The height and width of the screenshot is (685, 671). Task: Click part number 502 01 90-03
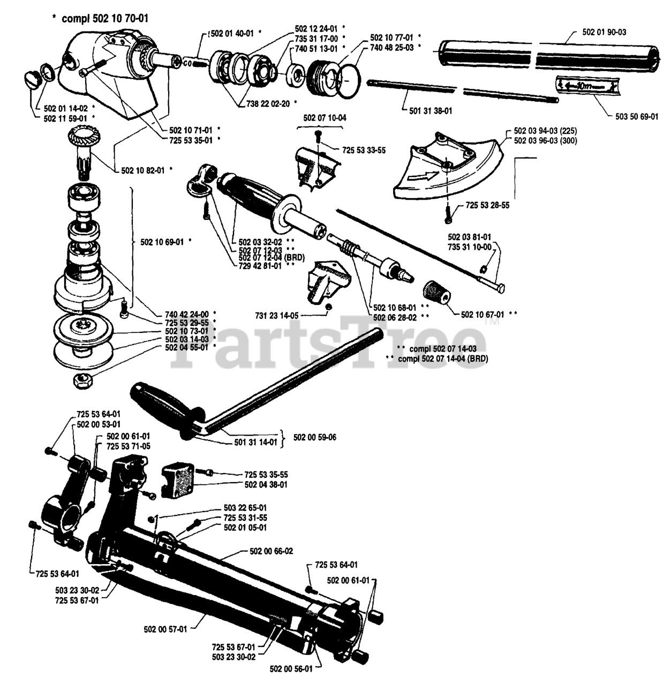coord(604,32)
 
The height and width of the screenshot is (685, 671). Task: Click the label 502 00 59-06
coord(315,437)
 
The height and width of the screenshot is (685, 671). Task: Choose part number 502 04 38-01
coord(266,485)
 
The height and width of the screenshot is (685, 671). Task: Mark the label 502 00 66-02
coord(271,551)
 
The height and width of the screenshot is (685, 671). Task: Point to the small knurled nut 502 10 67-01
coord(436,293)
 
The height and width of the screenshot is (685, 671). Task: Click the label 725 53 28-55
coord(487,205)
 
